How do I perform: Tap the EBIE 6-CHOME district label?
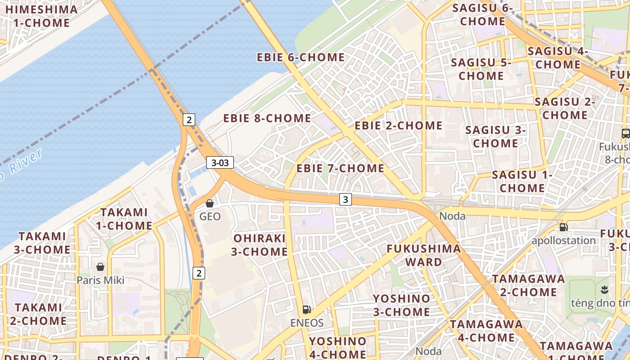(301, 58)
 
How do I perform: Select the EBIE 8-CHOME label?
(267, 118)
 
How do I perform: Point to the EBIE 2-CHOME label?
(399, 126)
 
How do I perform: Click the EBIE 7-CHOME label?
(340, 168)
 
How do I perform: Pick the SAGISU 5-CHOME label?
(481, 69)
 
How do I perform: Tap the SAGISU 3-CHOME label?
(495, 137)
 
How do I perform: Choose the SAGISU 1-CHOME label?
(522, 181)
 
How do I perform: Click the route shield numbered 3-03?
(220, 162)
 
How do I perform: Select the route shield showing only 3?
(345, 199)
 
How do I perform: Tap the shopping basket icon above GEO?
(209, 203)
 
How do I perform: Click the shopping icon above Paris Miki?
(100, 267)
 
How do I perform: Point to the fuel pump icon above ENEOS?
(307, 309)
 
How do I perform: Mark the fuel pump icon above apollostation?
(563, 227)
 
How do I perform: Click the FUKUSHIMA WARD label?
(424, 255)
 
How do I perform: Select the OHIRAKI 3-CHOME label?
(259, 245)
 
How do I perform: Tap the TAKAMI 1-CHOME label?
(124, 219)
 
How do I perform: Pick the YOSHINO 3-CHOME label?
(401, 305)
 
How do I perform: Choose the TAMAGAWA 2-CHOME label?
(528, 285)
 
